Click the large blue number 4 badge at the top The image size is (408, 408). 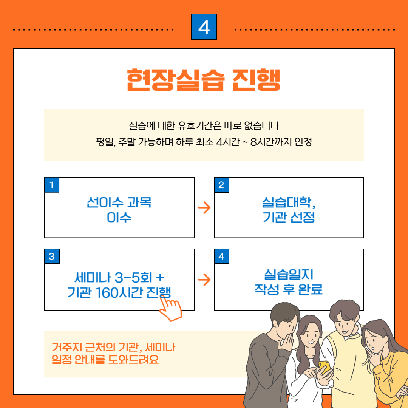(x=204, y=27)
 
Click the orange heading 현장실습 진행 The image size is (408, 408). (x=204, y=80)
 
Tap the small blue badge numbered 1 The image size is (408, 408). (x=52, y=185)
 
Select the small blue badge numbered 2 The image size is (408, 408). (x=221, y=185)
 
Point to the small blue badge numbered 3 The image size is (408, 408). (x=52, y=257)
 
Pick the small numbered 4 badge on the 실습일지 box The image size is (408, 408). (x=221, y=257)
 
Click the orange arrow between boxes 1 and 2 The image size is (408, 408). (x=204, y=208)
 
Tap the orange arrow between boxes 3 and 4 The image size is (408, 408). (x=204, y=280)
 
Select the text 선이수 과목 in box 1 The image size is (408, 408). (x=119, y=202)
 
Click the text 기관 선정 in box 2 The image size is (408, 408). (x=289, y=217)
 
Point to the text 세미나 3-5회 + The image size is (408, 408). (x=119, y=277)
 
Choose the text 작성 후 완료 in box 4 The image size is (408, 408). (x=289, y=289)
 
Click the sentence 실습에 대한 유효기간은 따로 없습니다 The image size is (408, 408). (x=204, y=126)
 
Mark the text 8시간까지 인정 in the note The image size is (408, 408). (x=281, y=142)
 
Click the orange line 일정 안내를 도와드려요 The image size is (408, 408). (x=105, y=360)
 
